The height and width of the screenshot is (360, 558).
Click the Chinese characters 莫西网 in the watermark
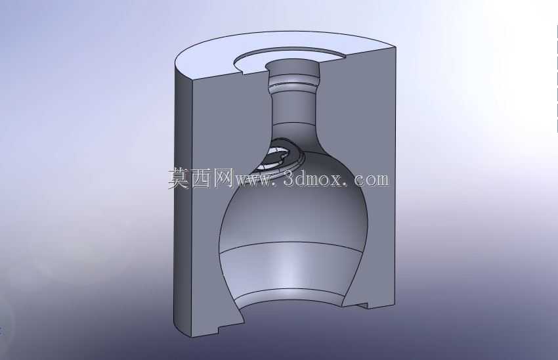coord(200,178)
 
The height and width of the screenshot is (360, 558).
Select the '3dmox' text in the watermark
coord(312,179)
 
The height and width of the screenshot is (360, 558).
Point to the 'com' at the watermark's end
coord(372,180)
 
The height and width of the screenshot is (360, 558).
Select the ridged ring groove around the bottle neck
coord(293,83)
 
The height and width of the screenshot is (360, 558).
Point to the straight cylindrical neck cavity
coord(294,107)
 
